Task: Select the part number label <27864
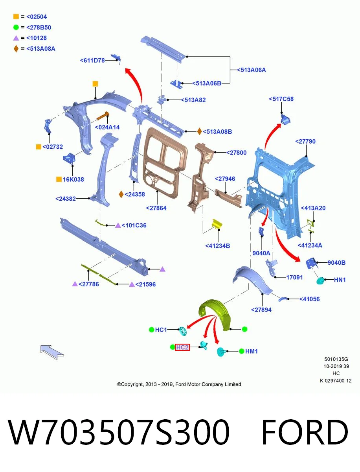click(x=156, y=208)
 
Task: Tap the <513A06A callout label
click(x=251, y=70)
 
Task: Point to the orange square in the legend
click(x=16, y=17)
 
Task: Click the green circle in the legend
click(x=16, y=27)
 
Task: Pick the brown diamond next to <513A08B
click(x=199, y=131)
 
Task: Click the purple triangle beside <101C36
click(x=118, y=225)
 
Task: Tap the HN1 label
click(x=340, y=280)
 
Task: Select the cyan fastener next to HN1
click(x=320, y=280)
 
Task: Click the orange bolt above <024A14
click(x=103, y=116)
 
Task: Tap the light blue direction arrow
click(x=52, y=352)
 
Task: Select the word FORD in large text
click(x=304, y=432)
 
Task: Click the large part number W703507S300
click(x=119, y=432)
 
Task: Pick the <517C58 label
click(x=281, y=99)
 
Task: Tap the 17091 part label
click(x=294, y=277)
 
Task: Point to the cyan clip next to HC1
click(x=183, y=331)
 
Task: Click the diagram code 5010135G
click(x=336, y=359)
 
